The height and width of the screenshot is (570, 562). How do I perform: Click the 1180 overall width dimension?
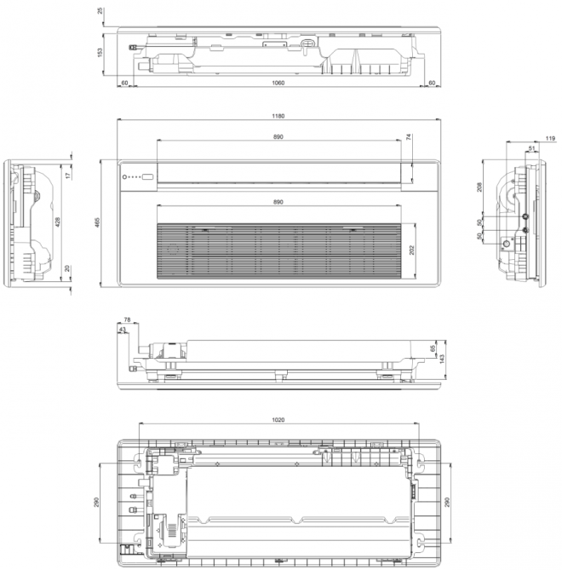coord(278,116)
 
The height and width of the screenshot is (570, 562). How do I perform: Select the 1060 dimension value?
coord(278,83)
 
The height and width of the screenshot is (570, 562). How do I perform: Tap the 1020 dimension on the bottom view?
coord(278,419)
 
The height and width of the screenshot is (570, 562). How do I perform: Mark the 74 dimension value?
coord(409,137)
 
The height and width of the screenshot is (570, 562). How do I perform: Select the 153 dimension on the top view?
coord(100,53)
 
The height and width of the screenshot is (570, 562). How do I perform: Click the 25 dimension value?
coord(100,11)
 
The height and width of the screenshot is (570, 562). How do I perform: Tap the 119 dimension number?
coord(550,137)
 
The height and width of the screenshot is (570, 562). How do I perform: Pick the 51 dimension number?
coord(532,148)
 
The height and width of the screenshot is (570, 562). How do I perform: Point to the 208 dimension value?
coord(482,187)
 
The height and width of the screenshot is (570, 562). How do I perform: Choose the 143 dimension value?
coord(443,359)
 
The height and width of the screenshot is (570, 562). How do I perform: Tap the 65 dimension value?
coord(433,348)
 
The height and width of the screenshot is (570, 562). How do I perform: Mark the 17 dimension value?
coord(68,176)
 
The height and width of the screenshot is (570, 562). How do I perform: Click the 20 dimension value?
coord(68,269)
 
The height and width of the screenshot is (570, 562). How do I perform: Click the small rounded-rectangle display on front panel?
coord(147,177)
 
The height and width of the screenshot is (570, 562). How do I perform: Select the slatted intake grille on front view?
coord(278,251)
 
